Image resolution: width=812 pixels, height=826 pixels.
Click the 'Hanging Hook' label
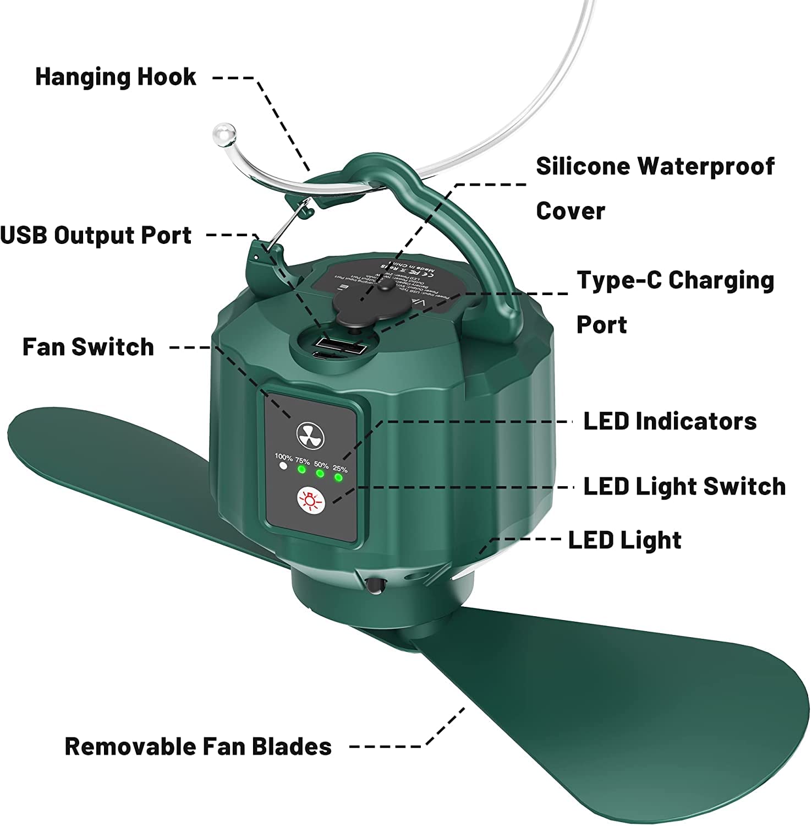tap(116, 77)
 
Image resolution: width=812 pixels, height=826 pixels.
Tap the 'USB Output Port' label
tap(96, 235)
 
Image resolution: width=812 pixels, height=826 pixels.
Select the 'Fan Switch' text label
tap(88, 347)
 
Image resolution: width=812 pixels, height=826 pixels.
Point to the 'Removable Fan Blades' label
tap(198, 747)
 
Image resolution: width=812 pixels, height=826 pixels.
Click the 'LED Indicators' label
tap(670, 421)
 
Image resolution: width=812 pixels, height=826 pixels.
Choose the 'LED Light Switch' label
tap(684, 486)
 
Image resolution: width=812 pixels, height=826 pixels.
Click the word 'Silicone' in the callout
tap(583, 166)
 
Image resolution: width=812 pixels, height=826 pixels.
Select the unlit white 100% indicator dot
tap(283, 466)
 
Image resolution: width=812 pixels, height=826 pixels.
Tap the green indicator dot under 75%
tap(301, 470)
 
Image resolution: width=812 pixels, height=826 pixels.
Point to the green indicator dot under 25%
tap(339, 477)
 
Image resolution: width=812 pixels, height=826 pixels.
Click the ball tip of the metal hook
tap(223, 133)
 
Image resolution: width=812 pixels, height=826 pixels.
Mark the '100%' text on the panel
tap(284, 457)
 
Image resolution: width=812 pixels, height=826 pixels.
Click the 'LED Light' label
tap(624, 540)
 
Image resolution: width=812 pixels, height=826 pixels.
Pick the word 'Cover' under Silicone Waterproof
tap(570, 211)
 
